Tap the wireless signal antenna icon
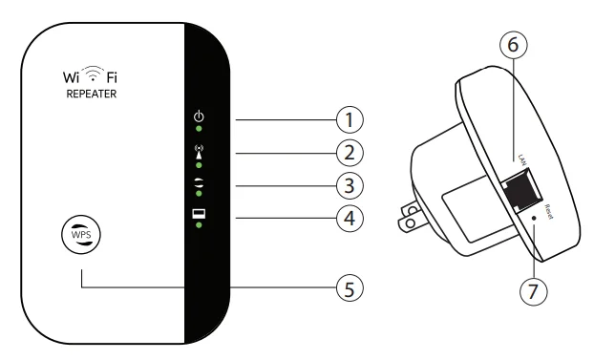click(198, 149)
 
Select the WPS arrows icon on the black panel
click(198, 181)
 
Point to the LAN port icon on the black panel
click(198, 213)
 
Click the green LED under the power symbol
click(198, 127)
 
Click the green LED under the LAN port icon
click(198, 225)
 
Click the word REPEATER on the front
click(94, 96)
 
